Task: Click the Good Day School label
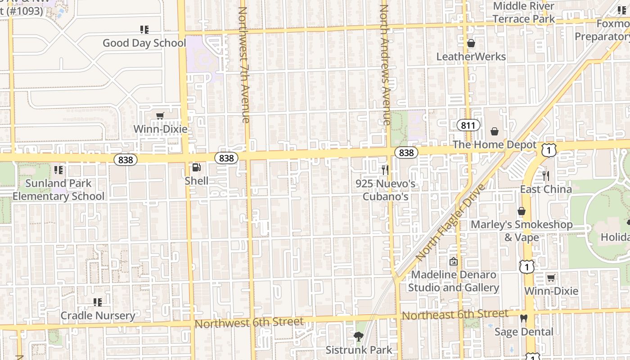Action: tap(144, 43)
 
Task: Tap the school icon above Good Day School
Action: tap(144, 30)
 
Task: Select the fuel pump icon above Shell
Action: tap(196, 168)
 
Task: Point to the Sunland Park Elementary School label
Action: tap(58, 190)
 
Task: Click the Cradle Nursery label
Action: tap(98, 316)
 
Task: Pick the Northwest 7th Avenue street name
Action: tap(244, 65)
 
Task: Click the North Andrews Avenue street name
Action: tap(385, 65)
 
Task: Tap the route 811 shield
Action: tap(468, 126)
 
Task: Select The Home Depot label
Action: tap(495, 145)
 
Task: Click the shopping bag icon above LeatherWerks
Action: tap(471, 43)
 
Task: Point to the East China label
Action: tap(546, 189)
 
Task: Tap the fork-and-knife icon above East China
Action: tap(546, 175)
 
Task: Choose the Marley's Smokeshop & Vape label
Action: tap(522, 230)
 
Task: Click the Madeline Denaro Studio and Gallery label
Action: tap(454, 281)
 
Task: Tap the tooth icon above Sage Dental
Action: tap(523, 318)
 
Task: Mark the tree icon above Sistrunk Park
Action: tap(359, 336)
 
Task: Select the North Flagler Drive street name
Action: tap(450, 222)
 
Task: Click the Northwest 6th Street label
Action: tap(249, 323)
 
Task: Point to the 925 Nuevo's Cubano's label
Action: tap(385, 190)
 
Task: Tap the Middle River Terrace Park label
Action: tap(524, 13)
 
